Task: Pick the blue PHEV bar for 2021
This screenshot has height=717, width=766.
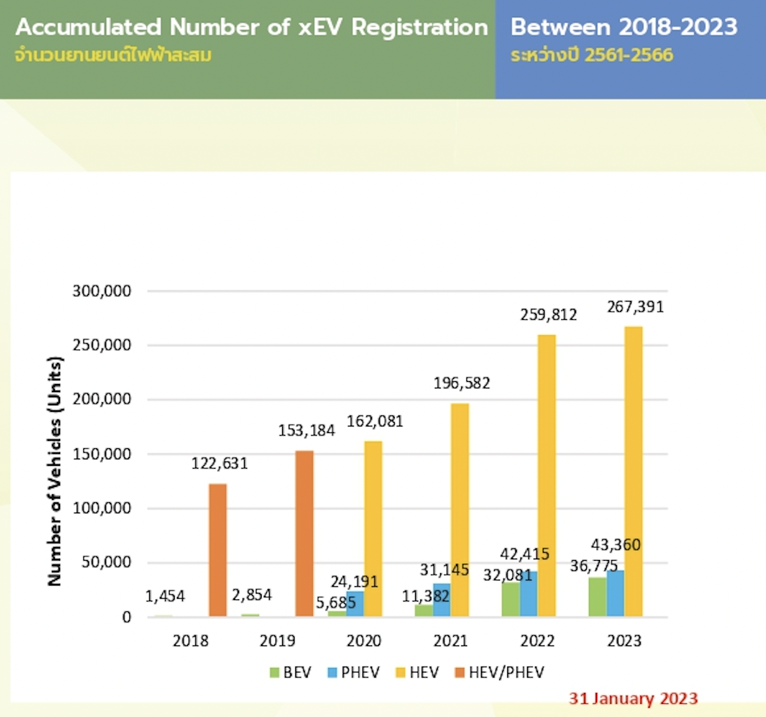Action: [441, 600]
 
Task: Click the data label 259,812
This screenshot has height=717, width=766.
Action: [548, 315]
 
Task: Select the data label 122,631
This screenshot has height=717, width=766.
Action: [219, 463]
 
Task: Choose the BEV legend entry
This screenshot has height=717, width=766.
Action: [290, 672]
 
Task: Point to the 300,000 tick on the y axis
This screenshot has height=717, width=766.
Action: [100, 291]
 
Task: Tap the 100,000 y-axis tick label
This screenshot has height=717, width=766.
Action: [100, 509]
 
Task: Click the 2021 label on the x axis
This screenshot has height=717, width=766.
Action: [450, 641]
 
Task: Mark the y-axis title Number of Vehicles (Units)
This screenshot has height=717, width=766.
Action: [56, 472]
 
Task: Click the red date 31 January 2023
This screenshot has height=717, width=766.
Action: [633, 699]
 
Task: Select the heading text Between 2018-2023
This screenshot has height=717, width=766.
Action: [623, 28]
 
